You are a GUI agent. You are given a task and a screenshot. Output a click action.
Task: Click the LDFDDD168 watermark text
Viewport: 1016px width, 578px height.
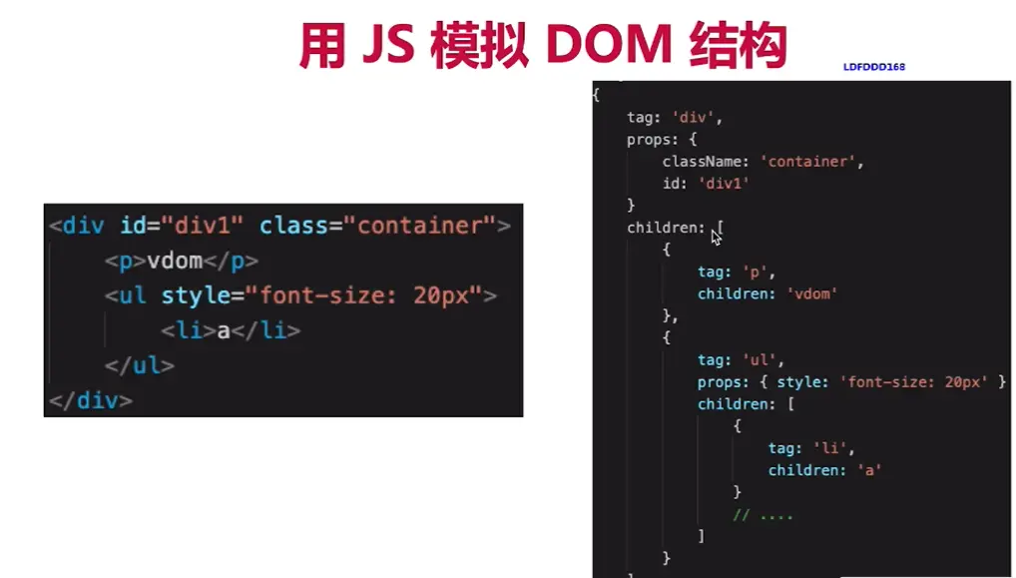click(874, 67)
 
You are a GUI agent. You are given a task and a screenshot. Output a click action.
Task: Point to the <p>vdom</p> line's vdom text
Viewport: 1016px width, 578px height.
click(175, 261)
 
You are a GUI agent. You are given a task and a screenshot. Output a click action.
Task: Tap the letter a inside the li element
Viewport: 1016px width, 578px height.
click(224, 330)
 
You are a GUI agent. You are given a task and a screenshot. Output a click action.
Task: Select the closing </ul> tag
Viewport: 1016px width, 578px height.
click(139, 365)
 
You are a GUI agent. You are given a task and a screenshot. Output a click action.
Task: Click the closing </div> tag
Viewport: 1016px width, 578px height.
click(90, 400)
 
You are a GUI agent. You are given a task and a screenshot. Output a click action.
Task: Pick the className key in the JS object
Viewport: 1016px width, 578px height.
click(706, 161)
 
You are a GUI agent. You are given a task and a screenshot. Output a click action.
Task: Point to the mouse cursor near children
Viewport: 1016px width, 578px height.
click(716, 235)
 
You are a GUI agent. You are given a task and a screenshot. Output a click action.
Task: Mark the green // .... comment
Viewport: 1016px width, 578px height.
click(762, 514)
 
